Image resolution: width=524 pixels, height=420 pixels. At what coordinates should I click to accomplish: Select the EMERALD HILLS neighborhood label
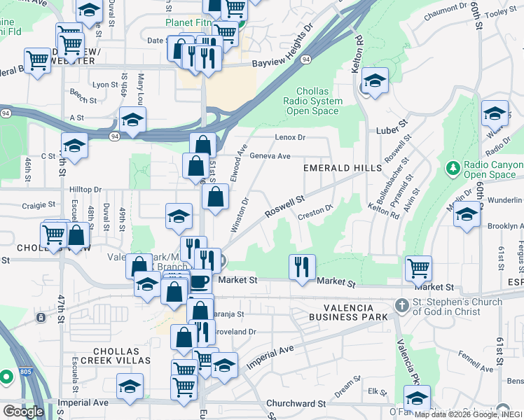click(343, 168)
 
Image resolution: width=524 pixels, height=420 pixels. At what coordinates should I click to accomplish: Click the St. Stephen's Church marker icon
click(401, 305)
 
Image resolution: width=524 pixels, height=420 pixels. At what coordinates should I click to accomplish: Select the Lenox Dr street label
click(291, 137)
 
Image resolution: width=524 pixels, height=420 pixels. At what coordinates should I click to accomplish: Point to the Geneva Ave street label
click(270, 156)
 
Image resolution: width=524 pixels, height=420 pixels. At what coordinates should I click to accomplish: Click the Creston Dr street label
click(314, 209)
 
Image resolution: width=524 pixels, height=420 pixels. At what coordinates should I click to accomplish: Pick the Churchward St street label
click(296, 404)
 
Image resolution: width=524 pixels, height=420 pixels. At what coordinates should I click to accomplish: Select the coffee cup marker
click(199, 281)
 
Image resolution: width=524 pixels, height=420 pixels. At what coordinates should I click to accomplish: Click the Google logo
click(23, 411)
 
